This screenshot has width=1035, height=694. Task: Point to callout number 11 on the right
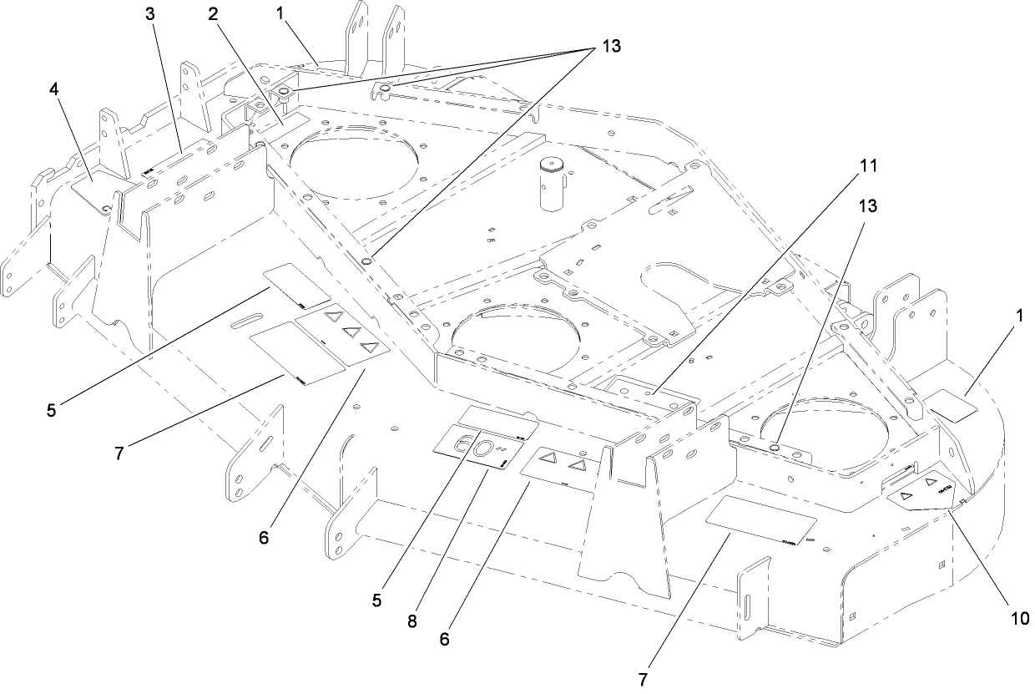coord(868,166)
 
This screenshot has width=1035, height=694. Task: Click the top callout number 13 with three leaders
coord(611,46)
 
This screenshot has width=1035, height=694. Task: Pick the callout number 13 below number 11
coord(868,205)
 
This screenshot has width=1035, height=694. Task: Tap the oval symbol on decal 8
coord(482,448)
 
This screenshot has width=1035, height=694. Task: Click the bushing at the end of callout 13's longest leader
coord(367,261)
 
